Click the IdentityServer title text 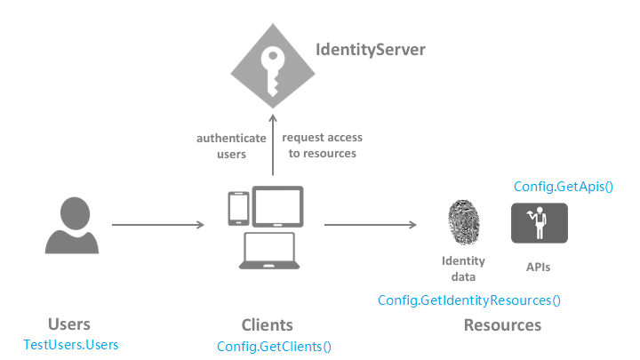pyautogui.click(x=370, y=50)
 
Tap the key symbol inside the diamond pyautogui.click(x=272, y=71)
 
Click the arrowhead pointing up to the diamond pyautogui.click(x=273, y=118)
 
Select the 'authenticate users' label pyautogui.click(x=231, y=146)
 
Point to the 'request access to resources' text pyautogui.click(x=323, y=145)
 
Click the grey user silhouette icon pyautogui.click(x=72, y=225)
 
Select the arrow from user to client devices pyautogui.click(x=158, y=225)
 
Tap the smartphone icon pyautogui.click(x=238, y=209)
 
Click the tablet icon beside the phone pyautogui.click(x=277, y=206)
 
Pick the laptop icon pyautogui.click(x=269, y=251)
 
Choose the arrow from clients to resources pyautogui.click(x=370, y=225)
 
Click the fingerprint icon pyautogui.click(x=463, y=222)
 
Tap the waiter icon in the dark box pyautogui.click(x=540, y=223)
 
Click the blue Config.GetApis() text pyautogui.click(x=564, y=187)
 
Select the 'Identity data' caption pyautogui.click(x=463, y=268)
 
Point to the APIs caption pyautogui.click(x=538, y=267)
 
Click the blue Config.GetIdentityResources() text pyautogui.click(x=469, y=300)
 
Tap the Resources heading pyautogui.click(x=502, y=325)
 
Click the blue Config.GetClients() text pyautogui.click(x=274, y=347)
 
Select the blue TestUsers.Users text pyautogui.click(x=71, y=345)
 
